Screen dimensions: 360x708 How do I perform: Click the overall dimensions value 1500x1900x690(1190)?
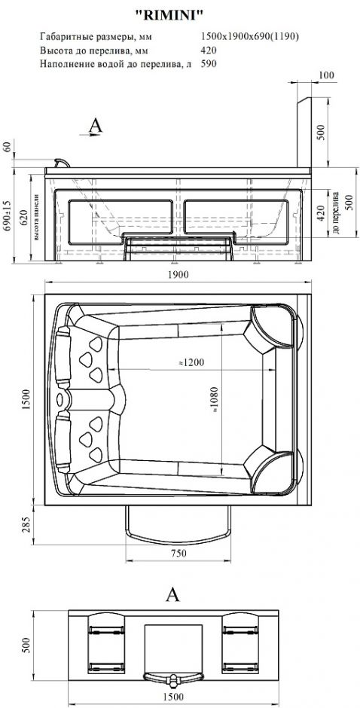(249, 37)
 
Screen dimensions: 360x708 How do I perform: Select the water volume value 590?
(209, 64)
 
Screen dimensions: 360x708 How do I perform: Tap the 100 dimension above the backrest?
(326, 75)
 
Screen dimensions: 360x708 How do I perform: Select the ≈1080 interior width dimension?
(214, 401)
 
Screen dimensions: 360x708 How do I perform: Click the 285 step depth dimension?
(26, 525)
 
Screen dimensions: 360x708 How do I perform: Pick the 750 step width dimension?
(178, 554)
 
